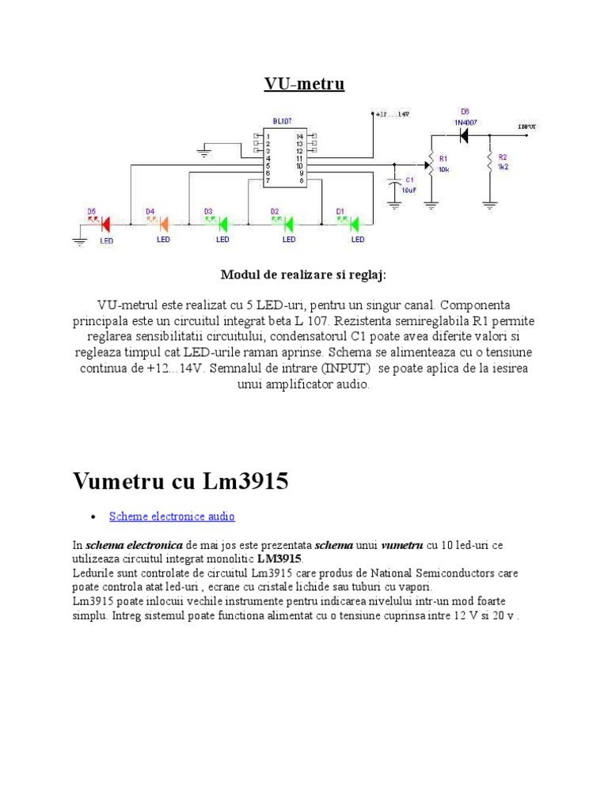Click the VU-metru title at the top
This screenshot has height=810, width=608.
click(x=304, y=84)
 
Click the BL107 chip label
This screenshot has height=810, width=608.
click(x=283, y=121)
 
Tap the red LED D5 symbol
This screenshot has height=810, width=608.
click(x=103, y=224)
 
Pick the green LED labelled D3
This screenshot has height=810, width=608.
click(x=222, y=224)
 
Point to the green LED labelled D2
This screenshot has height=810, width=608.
click(x=288, y=224)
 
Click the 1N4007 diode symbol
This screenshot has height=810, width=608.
click(x=465, y=135)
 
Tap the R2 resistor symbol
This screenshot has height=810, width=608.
click(x=490, y=164)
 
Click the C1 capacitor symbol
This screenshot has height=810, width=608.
click(x=394, y=184)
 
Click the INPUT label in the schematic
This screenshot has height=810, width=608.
click(x=527, y=125)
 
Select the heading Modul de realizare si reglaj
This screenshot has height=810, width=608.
click(x=304, y=274)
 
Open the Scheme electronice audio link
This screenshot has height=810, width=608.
click(x=172, y=517)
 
